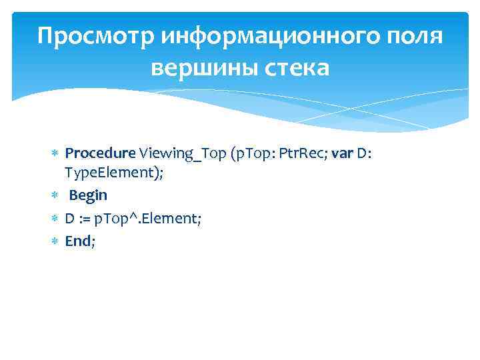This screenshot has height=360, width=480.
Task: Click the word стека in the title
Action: click(295, 68)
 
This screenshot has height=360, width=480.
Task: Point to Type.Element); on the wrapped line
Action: click(114, 173)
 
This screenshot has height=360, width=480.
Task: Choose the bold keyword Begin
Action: click(88, 195)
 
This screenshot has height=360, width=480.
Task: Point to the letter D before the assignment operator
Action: click(69, 218)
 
